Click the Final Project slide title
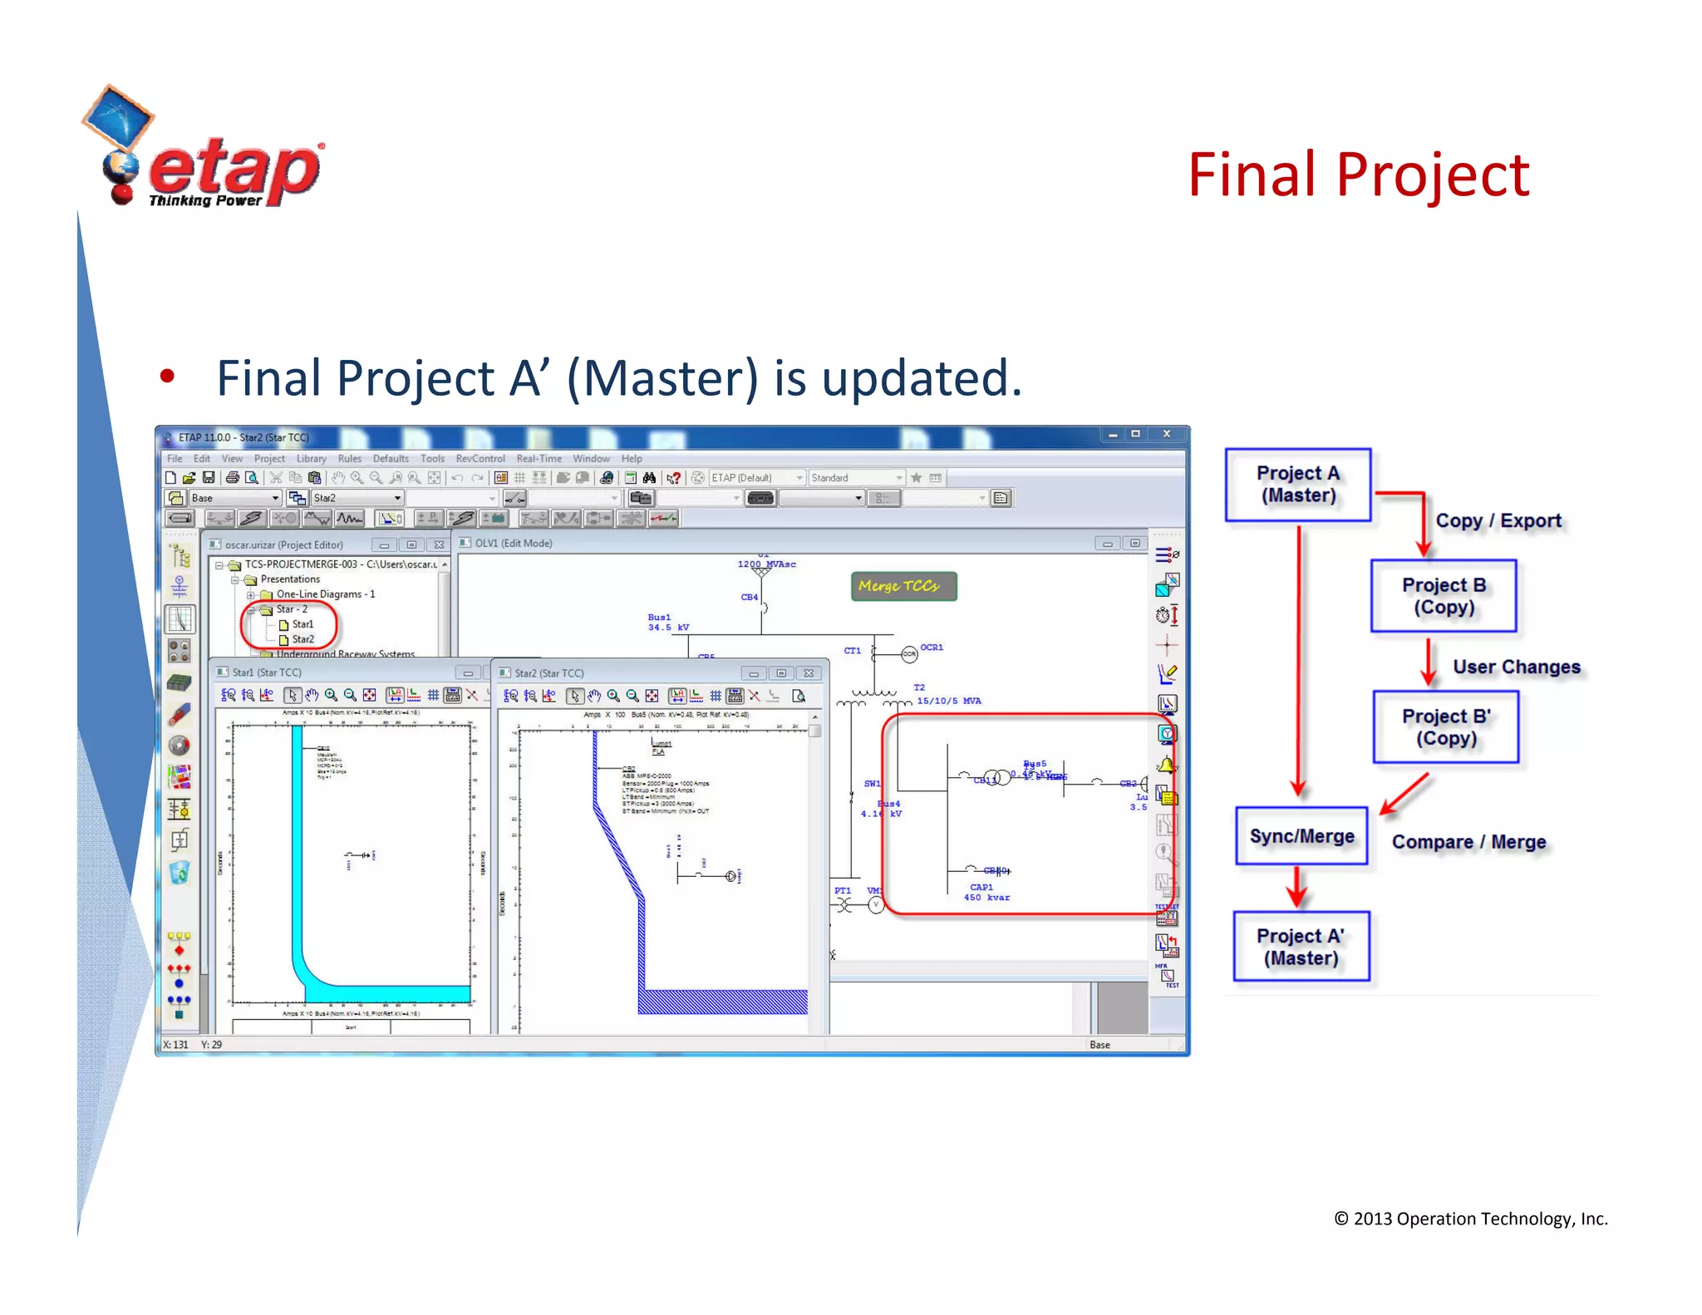pos(1357,175)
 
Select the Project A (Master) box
pos(1297,485)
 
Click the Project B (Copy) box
pos(1444,596)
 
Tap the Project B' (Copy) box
pos(1445,727)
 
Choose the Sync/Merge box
pos(1301,836)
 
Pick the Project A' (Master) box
pos(1301,947)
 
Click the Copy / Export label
pos(1498,521)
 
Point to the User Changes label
pos(1516,667)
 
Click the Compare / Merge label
pos(1468,842)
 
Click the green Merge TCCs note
pos(903,586)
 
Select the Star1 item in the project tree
pos(302,624)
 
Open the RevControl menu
pos(480,459)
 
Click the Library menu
pos(311,459)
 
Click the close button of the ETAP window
pos(1166,434)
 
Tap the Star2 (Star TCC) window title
pos(548,673)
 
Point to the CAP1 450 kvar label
pos(986,893)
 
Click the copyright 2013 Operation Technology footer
pos(1470,1219)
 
